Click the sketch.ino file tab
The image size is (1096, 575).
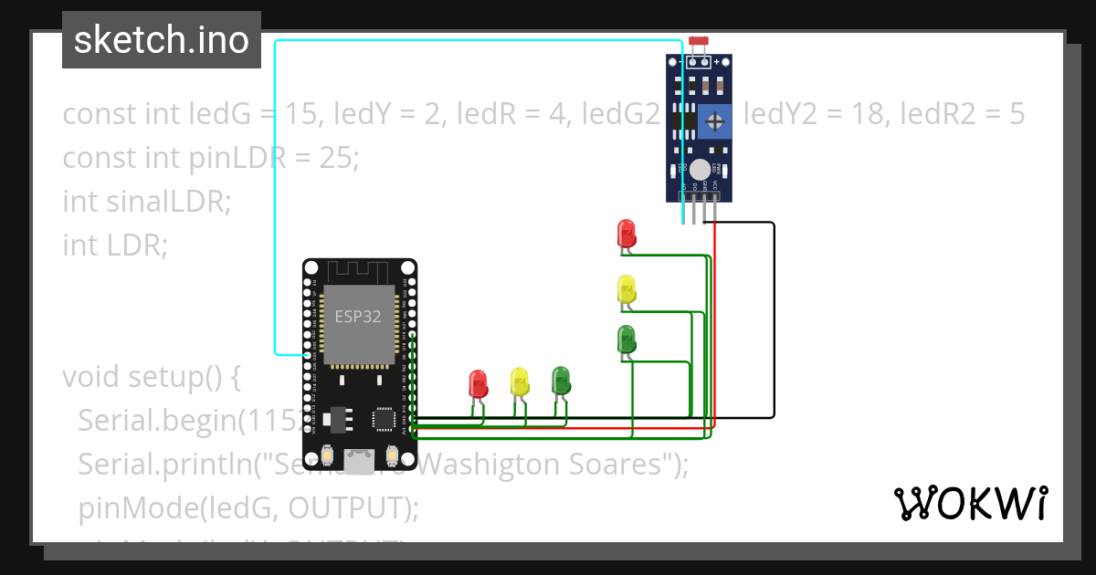(x=162, y=40)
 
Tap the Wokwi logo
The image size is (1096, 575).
(x=970, y=503)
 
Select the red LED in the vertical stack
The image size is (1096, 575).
(x=626, y=233)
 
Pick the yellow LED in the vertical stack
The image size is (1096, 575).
(x=626, y=288)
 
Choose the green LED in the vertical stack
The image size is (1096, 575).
(x=626, y=339)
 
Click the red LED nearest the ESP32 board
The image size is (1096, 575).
(x=478, y=382)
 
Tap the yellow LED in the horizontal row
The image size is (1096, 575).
(x=520, y=381)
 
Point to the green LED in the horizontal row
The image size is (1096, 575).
(x=561, y=380)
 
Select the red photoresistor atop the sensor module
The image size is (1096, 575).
(x=700, y=41)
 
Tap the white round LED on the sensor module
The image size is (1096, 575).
(x=700, y=169)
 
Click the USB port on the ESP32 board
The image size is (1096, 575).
(x=359, y=462)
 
